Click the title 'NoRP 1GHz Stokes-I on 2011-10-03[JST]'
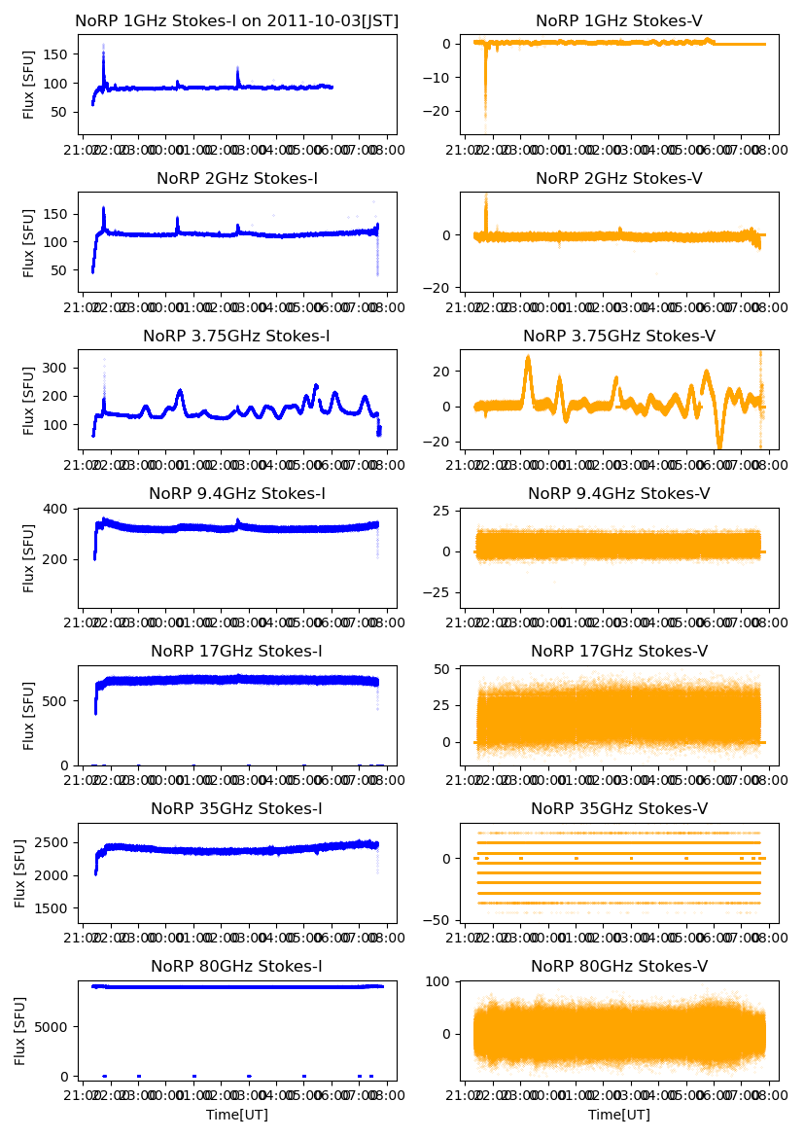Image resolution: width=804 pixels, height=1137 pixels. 237,21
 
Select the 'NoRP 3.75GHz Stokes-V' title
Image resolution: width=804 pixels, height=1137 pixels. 619,337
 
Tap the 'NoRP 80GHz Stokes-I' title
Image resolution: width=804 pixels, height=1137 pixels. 237,966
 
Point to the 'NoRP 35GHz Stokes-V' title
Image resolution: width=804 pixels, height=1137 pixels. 619,808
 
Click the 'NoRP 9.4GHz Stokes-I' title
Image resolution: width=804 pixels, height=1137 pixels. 237,494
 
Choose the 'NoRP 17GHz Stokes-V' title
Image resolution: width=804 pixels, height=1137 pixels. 619,651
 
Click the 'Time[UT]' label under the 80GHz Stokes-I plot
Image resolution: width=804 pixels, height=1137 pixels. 237,1115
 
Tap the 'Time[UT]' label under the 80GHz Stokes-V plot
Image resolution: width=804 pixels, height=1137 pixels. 619,1115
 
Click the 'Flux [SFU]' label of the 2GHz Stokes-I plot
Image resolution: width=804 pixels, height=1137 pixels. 29,242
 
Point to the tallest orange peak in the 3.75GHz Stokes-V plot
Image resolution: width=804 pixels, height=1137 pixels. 528,358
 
